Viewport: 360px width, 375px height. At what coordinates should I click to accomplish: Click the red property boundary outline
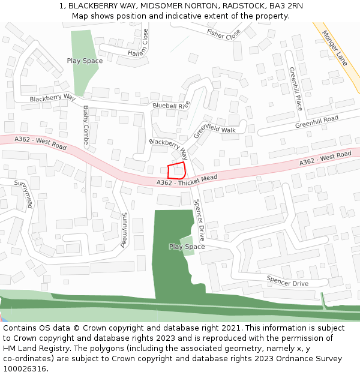pyautogui.click(x=176, y=170)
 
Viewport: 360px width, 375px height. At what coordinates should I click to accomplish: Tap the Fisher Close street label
pyautogui.click(x=223, y=34)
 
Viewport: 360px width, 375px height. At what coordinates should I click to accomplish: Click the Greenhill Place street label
pyautogui.click(x=295, y=88)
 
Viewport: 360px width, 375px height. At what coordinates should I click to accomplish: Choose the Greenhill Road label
pyautogui.click(x=316, y=122)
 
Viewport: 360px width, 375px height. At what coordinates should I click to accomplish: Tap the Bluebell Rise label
pyautogui.click(x=171, y=105)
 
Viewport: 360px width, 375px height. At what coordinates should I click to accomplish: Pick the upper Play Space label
pyautogui.click(x=85, y=61)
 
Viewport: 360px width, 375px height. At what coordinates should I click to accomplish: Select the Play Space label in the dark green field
pyautogui.click(x=187, y=247)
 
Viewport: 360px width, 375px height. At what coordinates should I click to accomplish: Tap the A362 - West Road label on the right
pyautogui.click(x=326, y=158)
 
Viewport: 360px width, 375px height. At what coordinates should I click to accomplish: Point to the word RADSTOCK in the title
pyautogui.click(x=240, y=6)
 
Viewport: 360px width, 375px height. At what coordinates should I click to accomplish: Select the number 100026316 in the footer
pyautogui.click(x=25, y=368)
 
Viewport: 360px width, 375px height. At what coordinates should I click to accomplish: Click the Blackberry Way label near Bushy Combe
pyautogui.click(x=52, y=97)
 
